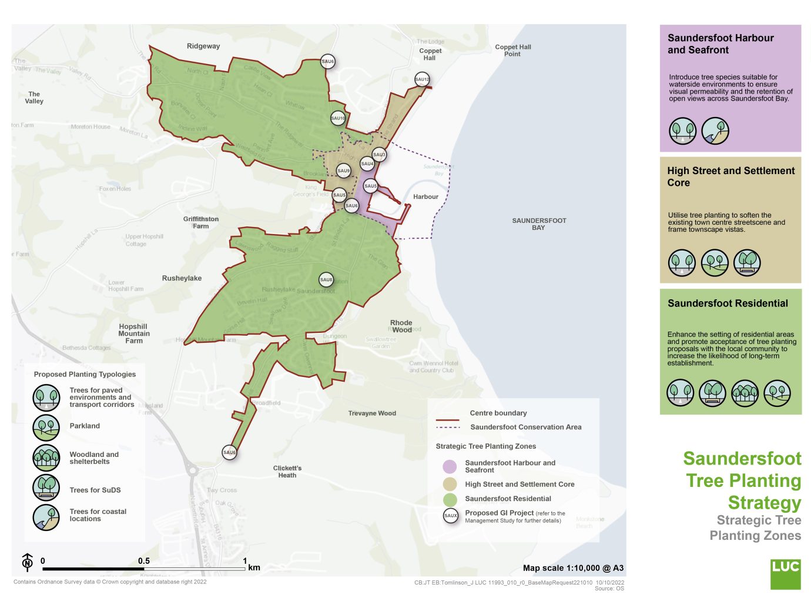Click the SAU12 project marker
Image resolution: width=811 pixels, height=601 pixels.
tap(422, 79)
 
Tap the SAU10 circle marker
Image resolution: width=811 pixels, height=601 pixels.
tap(338, 118)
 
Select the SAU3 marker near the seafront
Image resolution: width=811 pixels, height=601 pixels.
tap(379, 155)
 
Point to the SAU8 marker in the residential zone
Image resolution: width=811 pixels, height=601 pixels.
tap(326, 280)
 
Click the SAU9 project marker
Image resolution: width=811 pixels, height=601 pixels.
tap(344, 171)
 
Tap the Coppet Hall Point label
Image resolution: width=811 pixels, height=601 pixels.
tap(512, 51)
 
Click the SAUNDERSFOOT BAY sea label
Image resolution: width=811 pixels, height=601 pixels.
tap(538, 224)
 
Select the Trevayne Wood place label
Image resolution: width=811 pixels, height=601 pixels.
tap(372, 413)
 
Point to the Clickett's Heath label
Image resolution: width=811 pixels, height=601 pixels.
tap(287, 472)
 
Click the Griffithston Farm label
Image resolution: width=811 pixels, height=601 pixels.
tap(200, 222)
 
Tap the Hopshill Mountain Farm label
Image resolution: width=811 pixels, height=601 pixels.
tap(134, 333)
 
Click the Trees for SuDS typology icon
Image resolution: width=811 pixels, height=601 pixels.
tap(46, 488)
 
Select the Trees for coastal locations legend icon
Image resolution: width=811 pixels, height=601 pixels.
tap(46, 517)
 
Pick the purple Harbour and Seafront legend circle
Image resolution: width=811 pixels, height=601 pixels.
tap(450, 467)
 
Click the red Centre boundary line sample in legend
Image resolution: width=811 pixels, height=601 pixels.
tap(448, 420)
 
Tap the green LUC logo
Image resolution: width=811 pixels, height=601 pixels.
tap(785, 574)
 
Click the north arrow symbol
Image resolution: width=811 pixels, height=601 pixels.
tap(27, 562)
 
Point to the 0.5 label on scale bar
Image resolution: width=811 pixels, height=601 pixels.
tap(144, 561)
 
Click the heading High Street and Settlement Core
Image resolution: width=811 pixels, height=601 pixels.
tap(730, 176)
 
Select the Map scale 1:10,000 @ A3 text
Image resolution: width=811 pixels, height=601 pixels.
tap(573, 568)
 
